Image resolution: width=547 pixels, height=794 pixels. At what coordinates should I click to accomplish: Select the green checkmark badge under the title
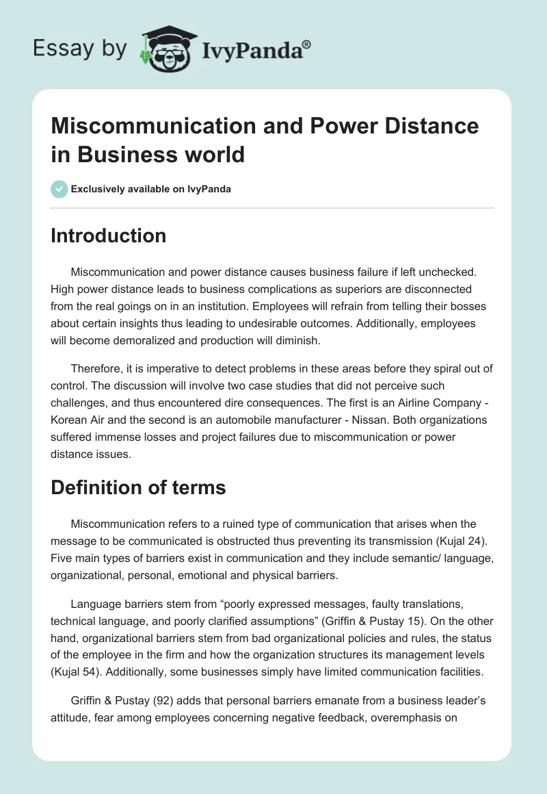coord(59,189)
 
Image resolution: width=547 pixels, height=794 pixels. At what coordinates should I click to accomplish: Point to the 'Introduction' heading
coord(108,235)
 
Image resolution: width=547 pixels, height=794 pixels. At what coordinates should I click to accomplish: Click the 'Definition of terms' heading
coord(138,489)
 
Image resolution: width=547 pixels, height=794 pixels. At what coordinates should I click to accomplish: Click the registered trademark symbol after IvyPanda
coord(307,43)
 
